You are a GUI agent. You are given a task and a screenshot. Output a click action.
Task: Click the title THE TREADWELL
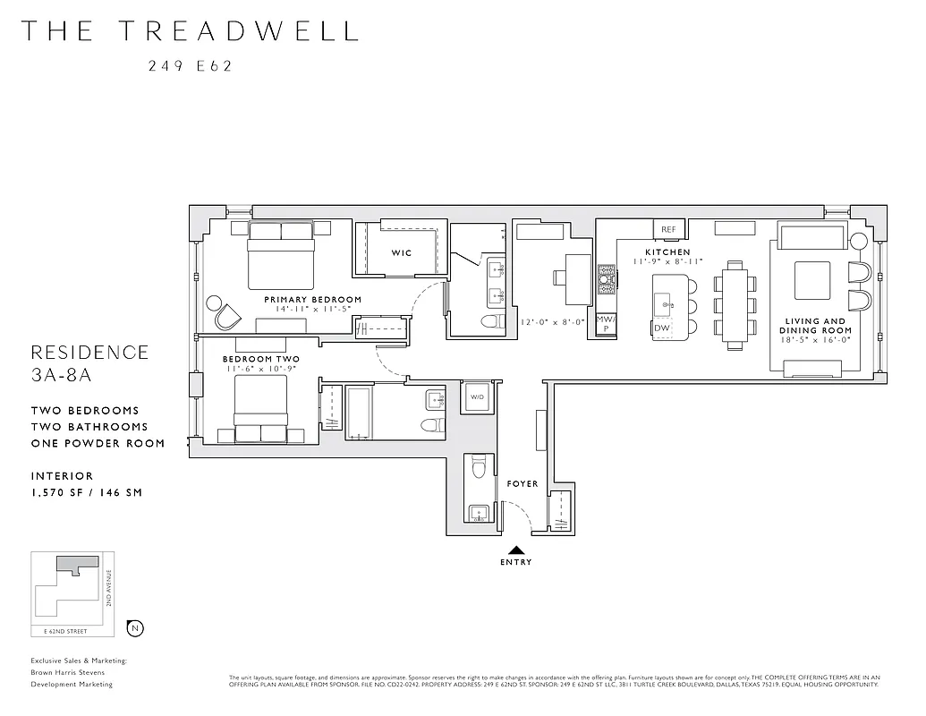(190, 30)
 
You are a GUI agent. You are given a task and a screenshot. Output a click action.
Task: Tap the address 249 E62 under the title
(190, 65)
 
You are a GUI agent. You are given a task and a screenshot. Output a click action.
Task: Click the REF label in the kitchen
(668, 229)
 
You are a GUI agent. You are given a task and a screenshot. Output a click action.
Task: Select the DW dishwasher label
(662, 328)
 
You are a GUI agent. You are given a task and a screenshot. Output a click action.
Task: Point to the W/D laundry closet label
(476, 397)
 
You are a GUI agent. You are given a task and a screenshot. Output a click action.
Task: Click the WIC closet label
(402, 253)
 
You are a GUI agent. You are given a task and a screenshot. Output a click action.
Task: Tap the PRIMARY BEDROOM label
(312, 299)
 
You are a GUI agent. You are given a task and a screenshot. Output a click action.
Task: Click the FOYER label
(522, 484)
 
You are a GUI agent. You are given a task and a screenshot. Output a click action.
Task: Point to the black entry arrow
(516, 550)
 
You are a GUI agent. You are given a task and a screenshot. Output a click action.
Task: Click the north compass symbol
(134, 627)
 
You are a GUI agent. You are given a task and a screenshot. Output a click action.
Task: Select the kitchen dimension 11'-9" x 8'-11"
(667, 261)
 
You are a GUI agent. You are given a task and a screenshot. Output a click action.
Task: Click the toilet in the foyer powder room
(478, 467)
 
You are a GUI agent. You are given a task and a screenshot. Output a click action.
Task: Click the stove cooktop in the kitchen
(607, 279)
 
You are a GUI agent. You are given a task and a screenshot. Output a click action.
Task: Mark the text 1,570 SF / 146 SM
(86, 492)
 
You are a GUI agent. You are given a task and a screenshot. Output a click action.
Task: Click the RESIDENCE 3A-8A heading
(89, 362)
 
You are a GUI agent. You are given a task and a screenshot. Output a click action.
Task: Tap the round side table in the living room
(860, 242)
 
